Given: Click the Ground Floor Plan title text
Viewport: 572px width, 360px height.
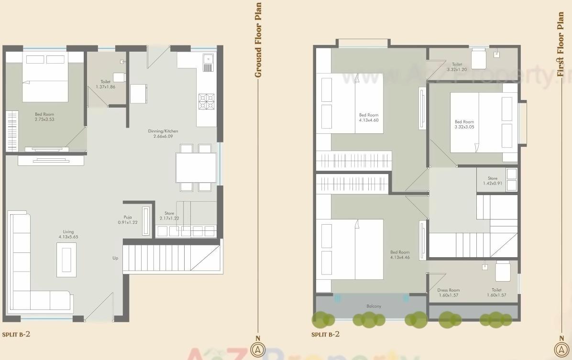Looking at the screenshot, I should click(258, 40).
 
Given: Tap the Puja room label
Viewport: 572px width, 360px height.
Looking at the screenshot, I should click(128, 217).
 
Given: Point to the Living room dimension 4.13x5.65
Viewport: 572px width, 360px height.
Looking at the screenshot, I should click(68, 237).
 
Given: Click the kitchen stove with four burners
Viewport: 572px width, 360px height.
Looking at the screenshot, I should click(207, 101).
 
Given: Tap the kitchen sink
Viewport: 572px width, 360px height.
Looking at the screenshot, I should click(208, 62).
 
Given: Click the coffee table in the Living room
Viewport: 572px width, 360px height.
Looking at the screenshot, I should click(66, 259).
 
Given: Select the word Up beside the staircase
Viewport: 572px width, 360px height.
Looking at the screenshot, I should click(115, 258).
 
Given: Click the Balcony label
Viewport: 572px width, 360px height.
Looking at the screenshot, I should click(374, 306).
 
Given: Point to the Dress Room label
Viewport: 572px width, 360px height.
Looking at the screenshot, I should click(448, 290).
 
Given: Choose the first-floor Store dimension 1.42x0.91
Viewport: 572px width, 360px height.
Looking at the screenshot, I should click(493, 183).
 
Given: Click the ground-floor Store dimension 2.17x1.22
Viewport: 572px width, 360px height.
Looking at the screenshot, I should click(169, 218).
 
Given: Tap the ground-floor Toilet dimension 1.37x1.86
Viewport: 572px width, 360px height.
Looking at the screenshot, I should click(105, 87).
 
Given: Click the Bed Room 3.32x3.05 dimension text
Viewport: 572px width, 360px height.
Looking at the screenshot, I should click(464, 127).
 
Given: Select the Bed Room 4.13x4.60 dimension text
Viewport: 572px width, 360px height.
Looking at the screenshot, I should click(369, 120).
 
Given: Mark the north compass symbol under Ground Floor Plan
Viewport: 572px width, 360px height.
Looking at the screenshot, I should click(258, 349).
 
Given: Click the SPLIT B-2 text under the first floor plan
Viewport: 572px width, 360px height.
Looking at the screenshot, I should click(325, 334).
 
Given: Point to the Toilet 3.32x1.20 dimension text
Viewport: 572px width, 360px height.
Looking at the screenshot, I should click(457, 70).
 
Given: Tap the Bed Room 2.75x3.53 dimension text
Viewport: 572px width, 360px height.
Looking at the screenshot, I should click(44, 120).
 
